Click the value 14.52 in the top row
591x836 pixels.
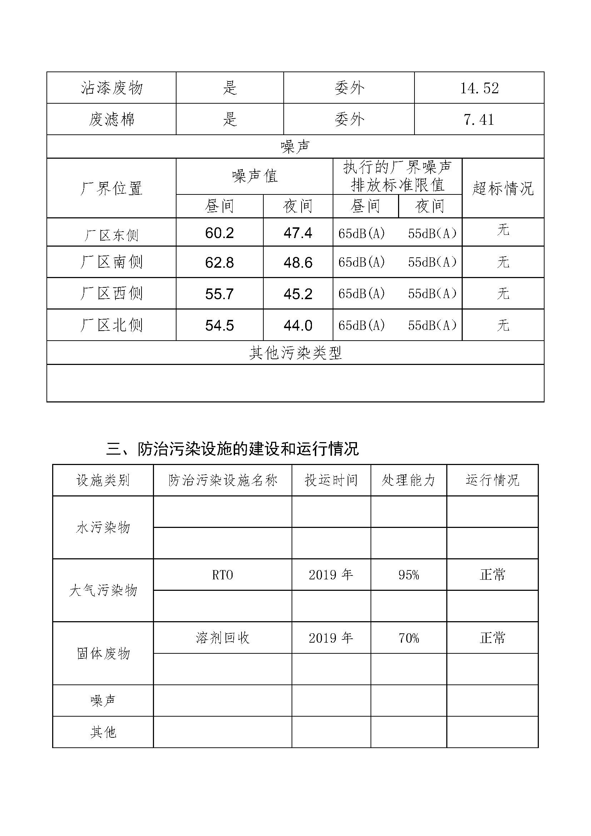[479, 88]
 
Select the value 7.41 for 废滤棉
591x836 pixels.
[479, 119]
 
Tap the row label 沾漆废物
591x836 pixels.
[111, 88]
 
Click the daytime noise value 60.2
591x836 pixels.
[219, 233]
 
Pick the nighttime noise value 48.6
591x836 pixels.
[298, 263]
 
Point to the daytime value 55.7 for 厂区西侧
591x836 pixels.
[219, 294]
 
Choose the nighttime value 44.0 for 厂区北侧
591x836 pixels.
[298, 326]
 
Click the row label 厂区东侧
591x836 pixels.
[111, 235]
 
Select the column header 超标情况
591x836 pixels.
[503, 188]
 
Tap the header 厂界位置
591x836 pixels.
[111, 188]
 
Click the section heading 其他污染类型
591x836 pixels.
[295, 353]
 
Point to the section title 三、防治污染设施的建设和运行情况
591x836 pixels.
[232, 449]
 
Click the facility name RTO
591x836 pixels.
[222, 575]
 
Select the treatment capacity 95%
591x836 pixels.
[409, 575]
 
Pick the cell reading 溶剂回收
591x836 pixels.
[222, 638]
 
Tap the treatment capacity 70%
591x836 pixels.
[409, 638]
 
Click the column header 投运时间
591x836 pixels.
[331, 480]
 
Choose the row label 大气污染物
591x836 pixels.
[103, 590]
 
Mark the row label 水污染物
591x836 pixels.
[103, 527]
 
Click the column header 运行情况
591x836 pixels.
[492, 480]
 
